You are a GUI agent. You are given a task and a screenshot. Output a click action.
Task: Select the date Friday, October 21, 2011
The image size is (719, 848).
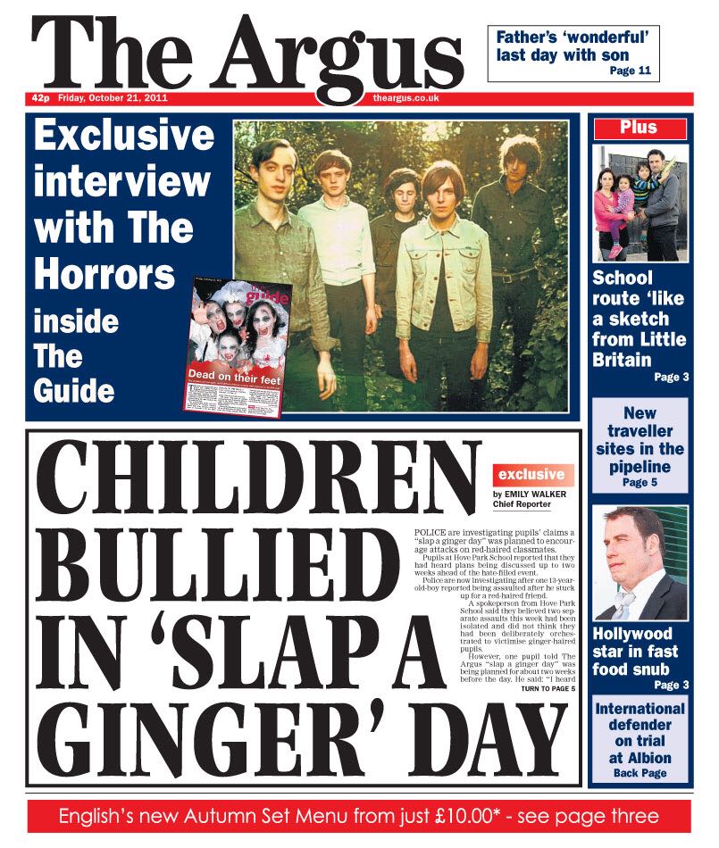(113, 98)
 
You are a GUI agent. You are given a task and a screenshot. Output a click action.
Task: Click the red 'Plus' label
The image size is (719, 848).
(639, 129)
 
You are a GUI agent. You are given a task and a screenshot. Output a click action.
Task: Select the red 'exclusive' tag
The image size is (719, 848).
(531, 475)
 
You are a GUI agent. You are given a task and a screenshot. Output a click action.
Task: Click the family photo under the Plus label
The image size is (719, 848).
(639, 203)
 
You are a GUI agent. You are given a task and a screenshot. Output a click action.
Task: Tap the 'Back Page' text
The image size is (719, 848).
(640, 773)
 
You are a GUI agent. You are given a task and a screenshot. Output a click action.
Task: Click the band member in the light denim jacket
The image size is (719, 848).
(436, 268)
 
